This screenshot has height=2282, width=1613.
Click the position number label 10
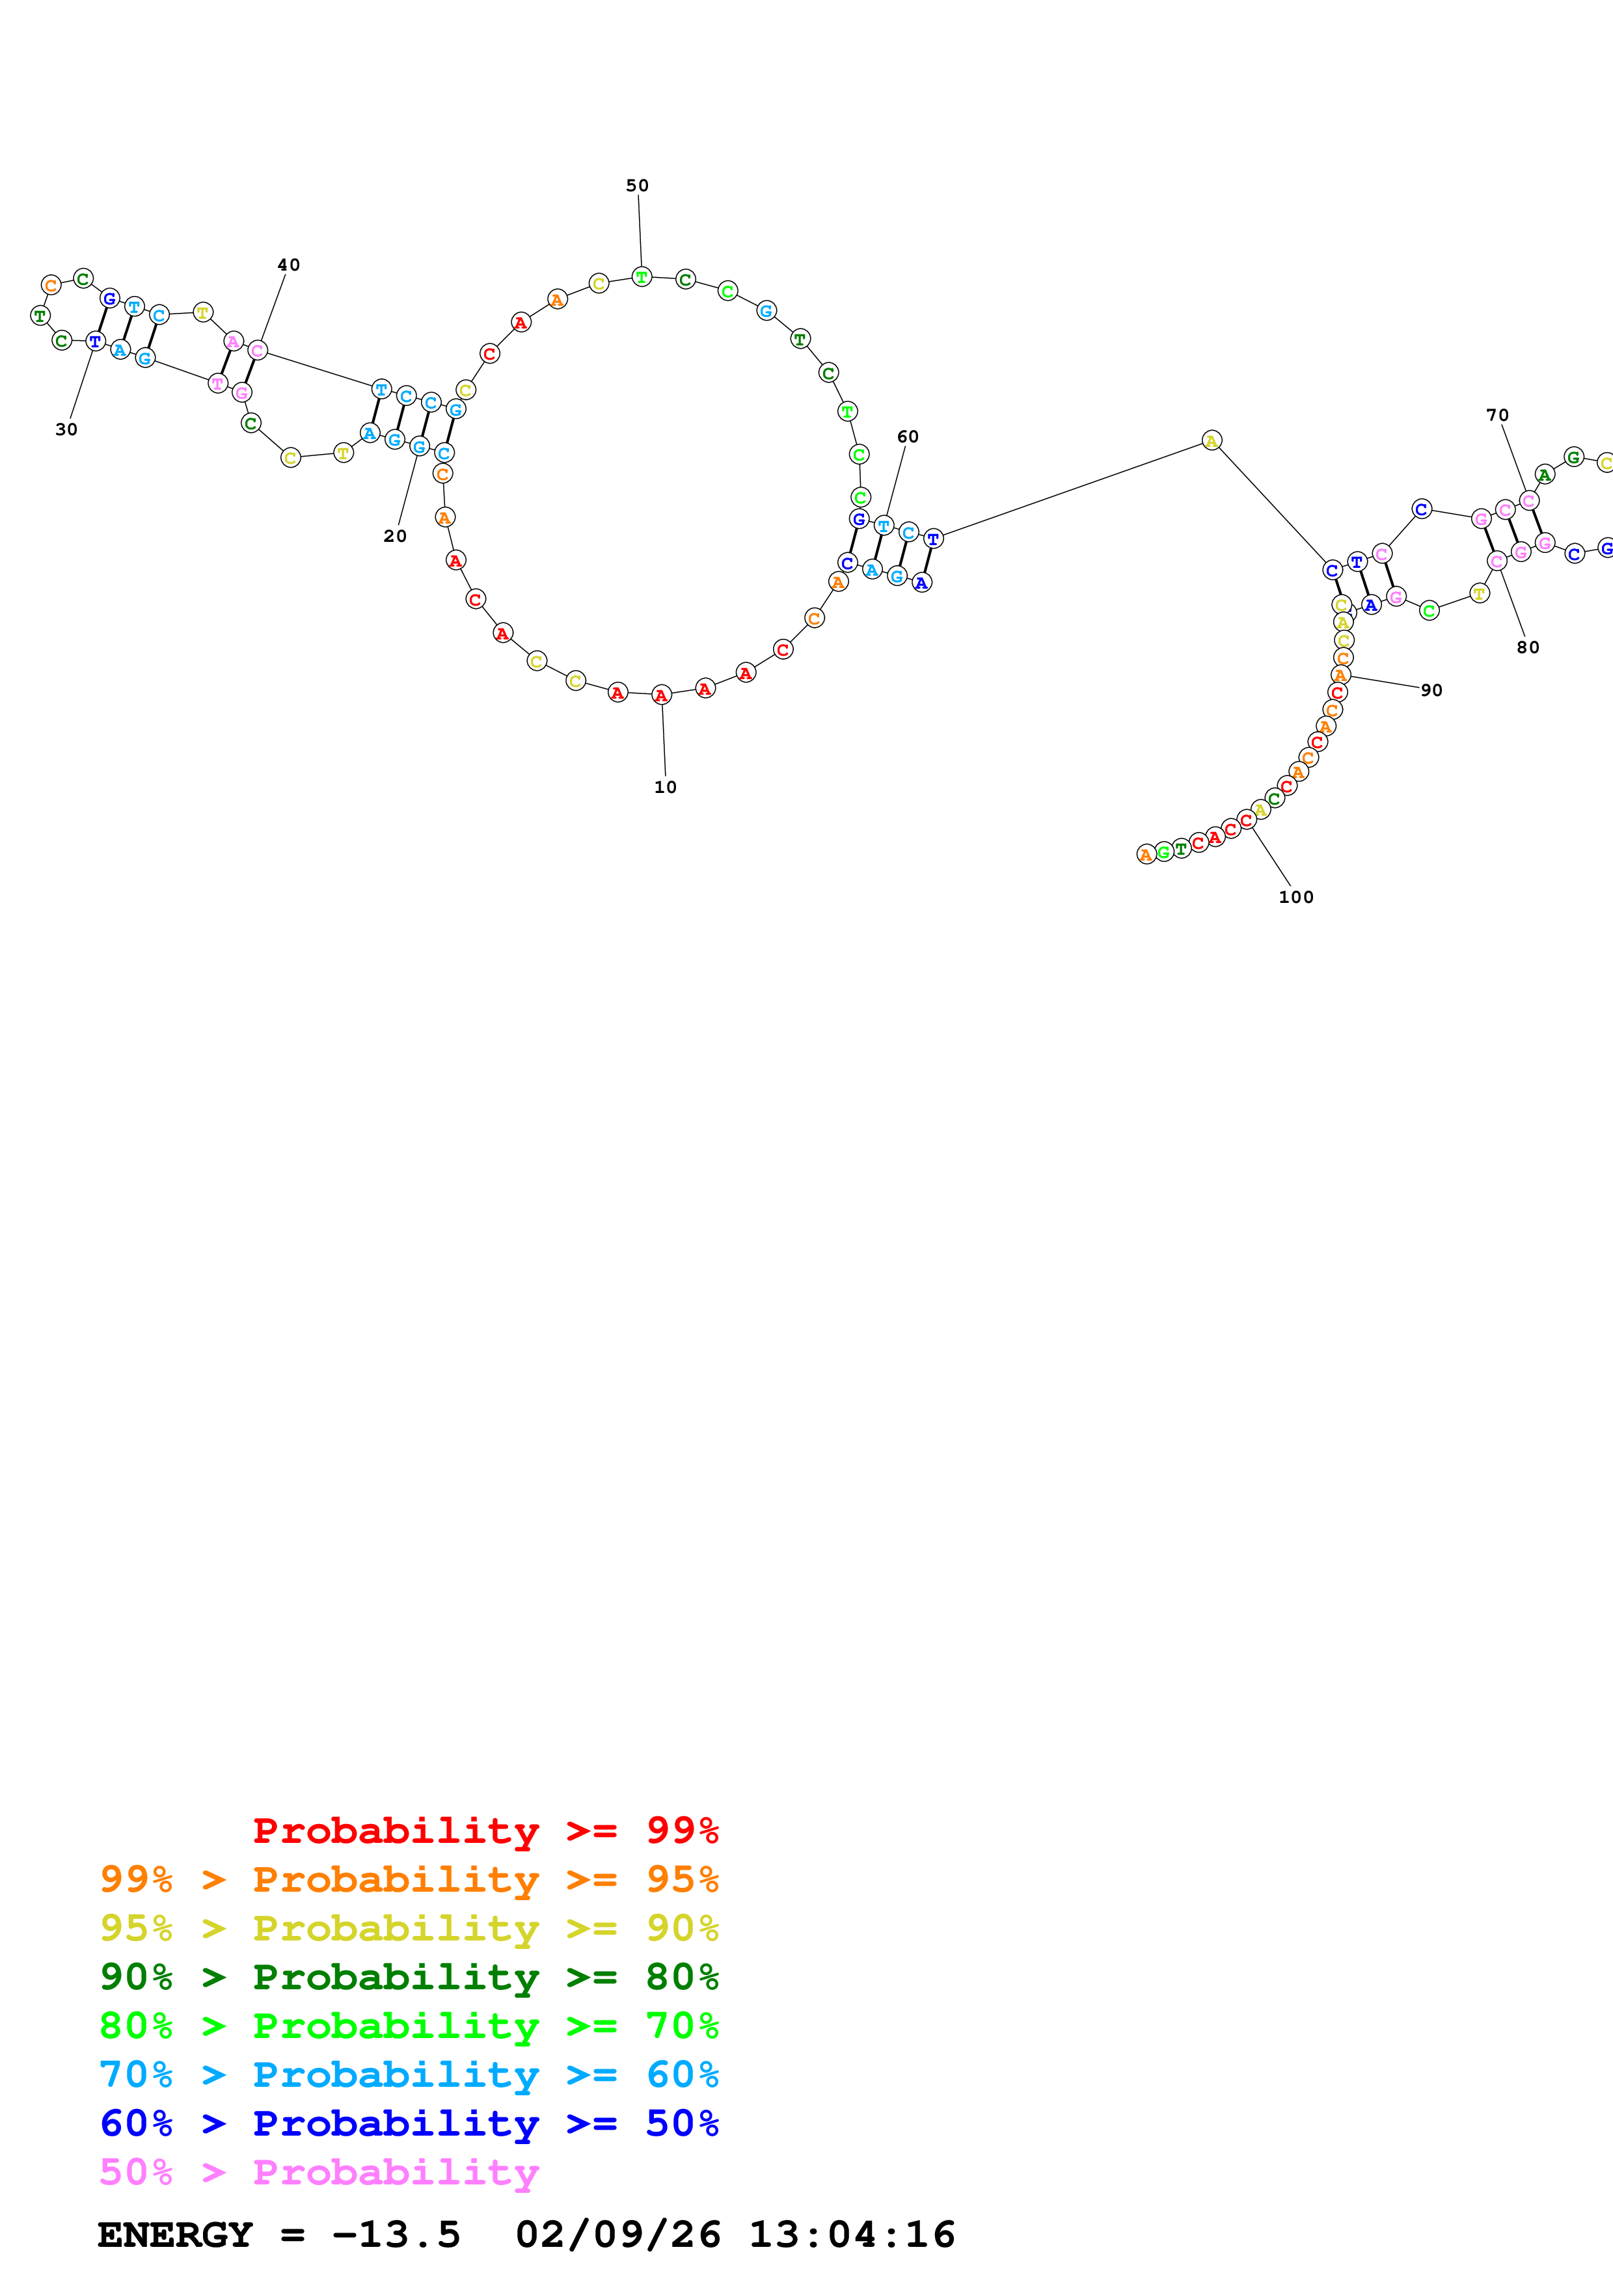665,787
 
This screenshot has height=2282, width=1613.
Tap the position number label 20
394,536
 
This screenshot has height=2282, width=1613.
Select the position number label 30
66,429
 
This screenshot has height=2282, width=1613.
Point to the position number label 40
288,264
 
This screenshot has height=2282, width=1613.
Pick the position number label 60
908,436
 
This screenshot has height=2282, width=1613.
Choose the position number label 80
1528,647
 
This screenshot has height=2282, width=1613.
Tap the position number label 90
1431,690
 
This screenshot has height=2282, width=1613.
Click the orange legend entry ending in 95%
409,1879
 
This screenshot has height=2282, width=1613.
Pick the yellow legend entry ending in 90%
409,1927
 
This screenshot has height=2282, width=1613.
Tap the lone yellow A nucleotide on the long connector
1210,440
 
